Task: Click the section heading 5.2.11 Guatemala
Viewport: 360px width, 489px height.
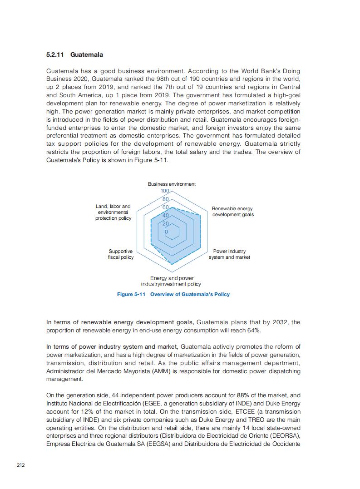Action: (74, 55)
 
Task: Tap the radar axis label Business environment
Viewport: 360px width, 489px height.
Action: (172, 184)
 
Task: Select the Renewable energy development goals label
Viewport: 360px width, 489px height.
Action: (232, 212)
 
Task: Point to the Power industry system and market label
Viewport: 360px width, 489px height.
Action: (229, 254)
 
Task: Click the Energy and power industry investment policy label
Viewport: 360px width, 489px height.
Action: (171, 281)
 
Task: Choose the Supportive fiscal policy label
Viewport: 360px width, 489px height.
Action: (121, 254)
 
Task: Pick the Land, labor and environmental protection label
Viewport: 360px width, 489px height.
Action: (113, 212)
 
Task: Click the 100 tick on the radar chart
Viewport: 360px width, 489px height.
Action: (165, 192)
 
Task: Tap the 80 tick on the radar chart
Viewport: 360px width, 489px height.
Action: (165, 199)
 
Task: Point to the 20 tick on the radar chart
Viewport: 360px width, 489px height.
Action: (165, 224)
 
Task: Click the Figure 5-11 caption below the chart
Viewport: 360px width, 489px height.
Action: (173, 294)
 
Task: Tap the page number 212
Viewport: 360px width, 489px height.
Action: (20, 464)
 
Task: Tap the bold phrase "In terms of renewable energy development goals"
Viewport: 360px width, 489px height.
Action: (120, 322)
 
